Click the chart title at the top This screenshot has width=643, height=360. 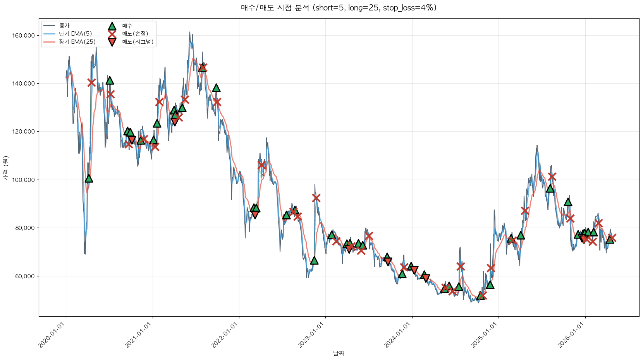point(339,8)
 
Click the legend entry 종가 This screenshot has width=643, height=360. point(64,26)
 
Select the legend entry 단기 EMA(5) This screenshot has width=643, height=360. point(75,34)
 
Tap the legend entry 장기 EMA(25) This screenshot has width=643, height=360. point(77,42)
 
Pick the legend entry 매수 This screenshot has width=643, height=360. point(127,26)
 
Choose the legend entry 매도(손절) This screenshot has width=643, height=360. point(135,34)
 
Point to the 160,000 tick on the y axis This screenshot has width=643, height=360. point(24,36)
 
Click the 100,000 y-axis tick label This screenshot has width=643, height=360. point(24,180)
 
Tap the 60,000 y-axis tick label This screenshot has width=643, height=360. point(25,276)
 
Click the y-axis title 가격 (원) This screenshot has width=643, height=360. point(5,168)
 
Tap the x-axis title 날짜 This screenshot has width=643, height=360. point(339,353)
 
